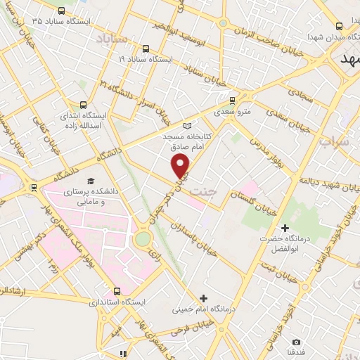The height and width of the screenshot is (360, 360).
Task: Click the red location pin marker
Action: click(x=181, y=166)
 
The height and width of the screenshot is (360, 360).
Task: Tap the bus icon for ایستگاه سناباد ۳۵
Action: click(x=61, y=11)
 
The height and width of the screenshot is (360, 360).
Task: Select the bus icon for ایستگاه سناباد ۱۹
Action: click(x=146, y=49)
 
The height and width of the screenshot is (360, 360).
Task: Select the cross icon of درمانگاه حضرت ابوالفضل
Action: click(x=285, y=228)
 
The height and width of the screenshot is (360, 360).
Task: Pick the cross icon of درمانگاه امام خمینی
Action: click(x=204, y=298)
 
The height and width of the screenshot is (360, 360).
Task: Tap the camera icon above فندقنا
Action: click(x=296, y=342)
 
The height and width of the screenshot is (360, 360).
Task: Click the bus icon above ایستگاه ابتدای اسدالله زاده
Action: click(x=84, y=104)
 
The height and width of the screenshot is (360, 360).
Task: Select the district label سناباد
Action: click(x=111, y=37)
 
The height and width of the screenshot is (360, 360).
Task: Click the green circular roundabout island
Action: click(x=143, y=239)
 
